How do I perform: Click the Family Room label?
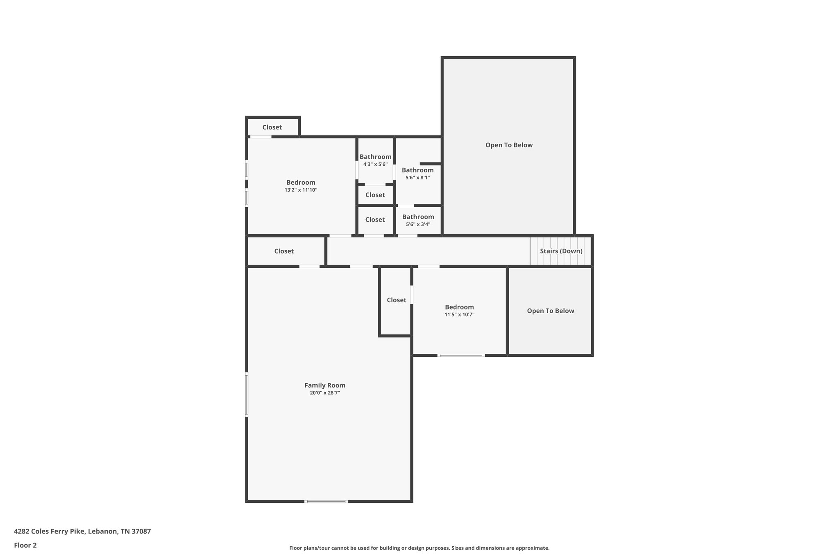point(324,385)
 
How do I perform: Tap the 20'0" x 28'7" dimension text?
point(324,393)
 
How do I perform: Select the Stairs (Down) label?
point(561,251)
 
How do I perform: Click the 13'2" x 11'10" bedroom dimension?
point(301,190)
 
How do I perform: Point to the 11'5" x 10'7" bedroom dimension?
point(459,315)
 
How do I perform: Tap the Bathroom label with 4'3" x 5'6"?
point(375,157)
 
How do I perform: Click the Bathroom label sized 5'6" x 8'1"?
point(417,170)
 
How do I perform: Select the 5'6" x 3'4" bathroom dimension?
point(418,224)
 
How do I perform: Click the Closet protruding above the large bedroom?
point(272,127)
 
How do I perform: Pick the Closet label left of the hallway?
point(284,251)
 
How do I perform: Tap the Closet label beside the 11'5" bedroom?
point(396,300)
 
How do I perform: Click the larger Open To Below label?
point(509,145)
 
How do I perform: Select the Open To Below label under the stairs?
point(550,311)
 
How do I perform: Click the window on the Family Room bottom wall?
point(326,501)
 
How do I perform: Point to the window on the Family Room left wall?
point(247,394)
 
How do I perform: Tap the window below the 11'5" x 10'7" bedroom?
point(461,355)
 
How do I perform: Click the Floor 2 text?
point(25,545)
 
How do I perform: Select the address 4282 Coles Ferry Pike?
point(82,532)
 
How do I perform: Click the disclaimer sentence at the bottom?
point(419,548)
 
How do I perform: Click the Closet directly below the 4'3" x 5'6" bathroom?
point(375,195)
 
